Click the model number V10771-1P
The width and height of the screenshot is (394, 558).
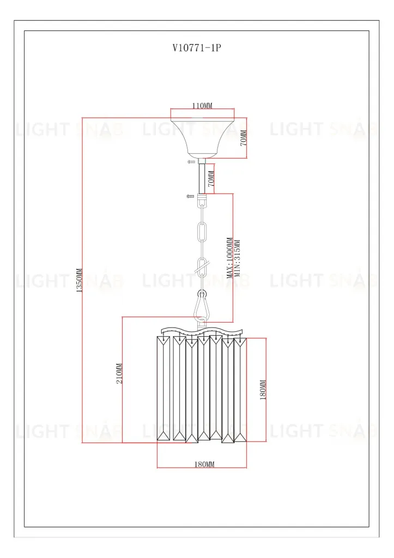[x=197, y=48]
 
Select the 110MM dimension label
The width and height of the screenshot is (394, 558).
[x=202, y=105]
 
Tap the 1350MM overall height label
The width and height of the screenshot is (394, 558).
[x=79, y=280]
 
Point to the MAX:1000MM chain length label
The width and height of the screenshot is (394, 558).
[x=229, y=258]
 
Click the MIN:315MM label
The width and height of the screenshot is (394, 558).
[x=238, y=258]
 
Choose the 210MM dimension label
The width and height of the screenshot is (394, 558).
[x=119, y=373]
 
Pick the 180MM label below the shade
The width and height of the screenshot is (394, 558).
[x=204, y=464]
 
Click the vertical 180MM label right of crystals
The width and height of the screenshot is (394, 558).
[x=263, y=390]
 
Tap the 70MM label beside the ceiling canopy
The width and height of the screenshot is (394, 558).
[x=244, y=138]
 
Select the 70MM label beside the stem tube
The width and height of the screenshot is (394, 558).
[x=211, y=179]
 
